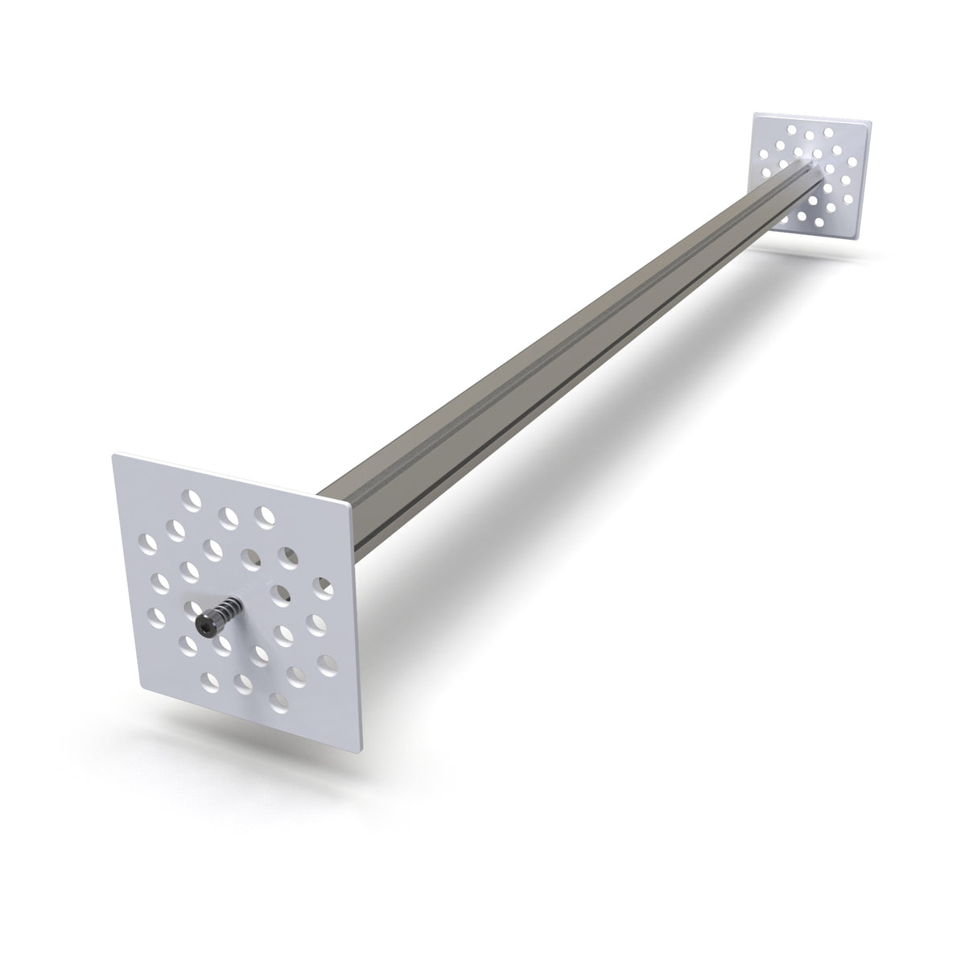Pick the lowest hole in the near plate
pos(279,699)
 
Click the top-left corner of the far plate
pos(755,114)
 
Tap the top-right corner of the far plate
pos(872,123)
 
